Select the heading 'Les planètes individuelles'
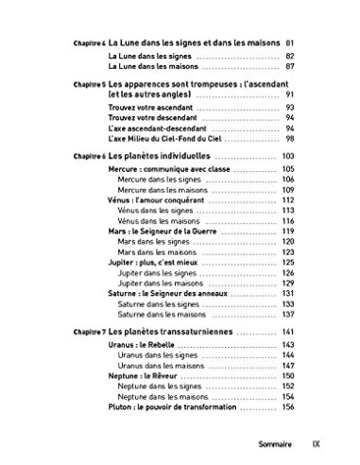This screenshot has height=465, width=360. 164,154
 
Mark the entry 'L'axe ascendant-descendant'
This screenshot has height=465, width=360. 143,127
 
